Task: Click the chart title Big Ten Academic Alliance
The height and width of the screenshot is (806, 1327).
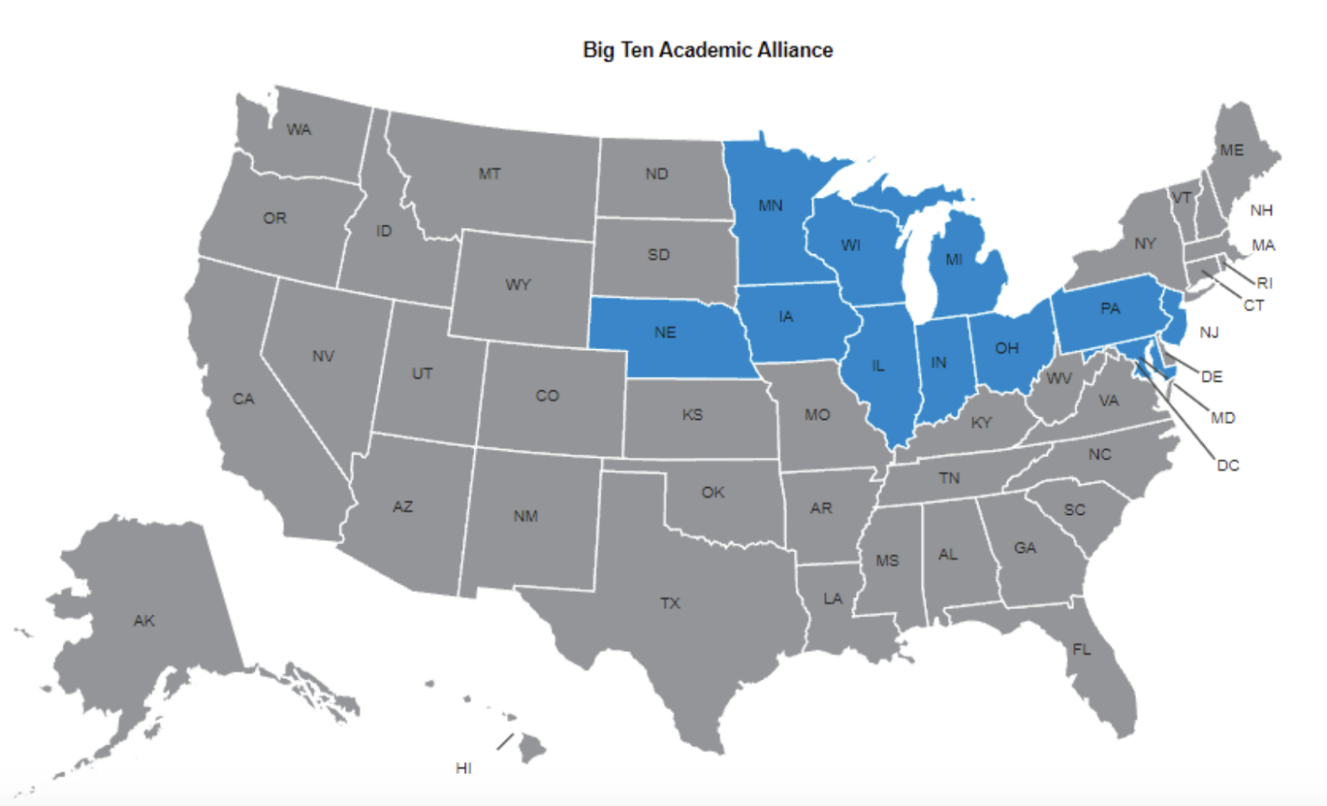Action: [x=708, y=50]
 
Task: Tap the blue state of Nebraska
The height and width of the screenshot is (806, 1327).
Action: [x=665, y=337]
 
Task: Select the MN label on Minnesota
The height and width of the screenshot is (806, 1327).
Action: [x=770, y=206]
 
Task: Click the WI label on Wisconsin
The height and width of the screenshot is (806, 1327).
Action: [x=851, y=245]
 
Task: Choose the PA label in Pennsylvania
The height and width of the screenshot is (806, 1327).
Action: [x=1110, y=308]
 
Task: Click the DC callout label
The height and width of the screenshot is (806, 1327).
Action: [x=1228, y=465]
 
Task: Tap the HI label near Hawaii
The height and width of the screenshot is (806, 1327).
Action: [x=463, y=768]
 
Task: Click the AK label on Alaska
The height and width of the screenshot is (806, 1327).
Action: [x=144, y=620]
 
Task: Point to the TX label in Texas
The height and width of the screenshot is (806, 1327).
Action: [x=670, y=603]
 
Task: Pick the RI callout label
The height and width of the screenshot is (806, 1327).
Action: [x=1265, y=282]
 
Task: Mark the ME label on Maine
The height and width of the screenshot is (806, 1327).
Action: [x=1232, y=150]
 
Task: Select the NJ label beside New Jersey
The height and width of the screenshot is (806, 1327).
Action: [x=1210, y=333]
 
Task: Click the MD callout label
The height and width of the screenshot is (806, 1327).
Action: [x=1222, y=418]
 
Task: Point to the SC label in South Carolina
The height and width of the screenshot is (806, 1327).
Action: [x=1075, y=510]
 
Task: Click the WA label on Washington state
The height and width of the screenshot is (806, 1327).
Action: [x=299, y=130]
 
